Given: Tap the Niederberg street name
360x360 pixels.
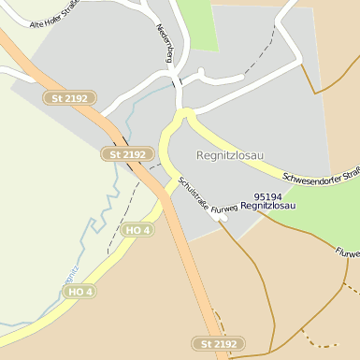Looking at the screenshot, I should click(166, 43).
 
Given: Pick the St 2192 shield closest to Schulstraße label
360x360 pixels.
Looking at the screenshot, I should click(127, 154).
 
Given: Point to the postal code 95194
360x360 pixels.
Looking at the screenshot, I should click(268, 196).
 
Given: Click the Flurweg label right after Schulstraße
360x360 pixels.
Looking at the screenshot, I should click(224, 210).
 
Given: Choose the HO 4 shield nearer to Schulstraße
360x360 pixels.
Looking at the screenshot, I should click(137, 229).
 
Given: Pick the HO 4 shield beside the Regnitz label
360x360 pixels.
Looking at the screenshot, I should click(79, 292).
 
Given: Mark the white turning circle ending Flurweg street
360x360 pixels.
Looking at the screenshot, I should click(222, 219).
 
